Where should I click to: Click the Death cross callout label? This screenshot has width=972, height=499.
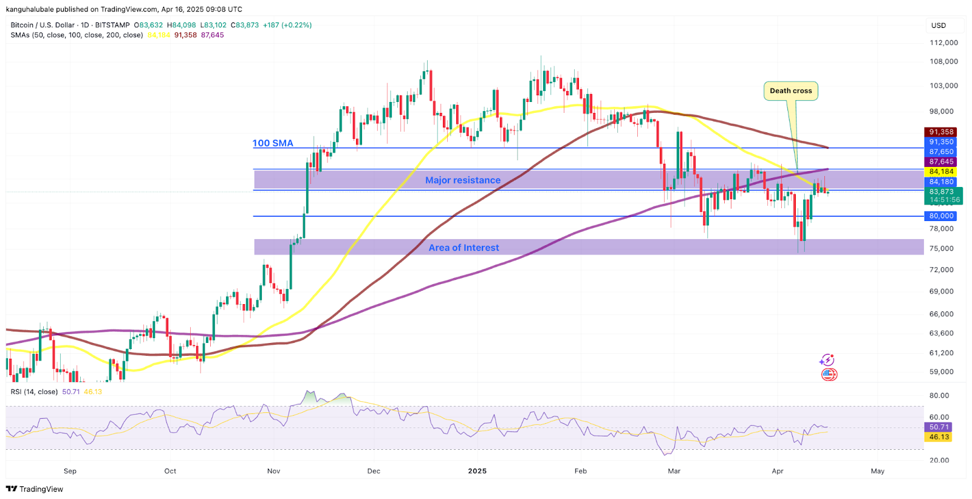pos(790,91)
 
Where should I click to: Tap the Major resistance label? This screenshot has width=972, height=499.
pos(463,180)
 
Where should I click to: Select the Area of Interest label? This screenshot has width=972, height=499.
pos(464,248)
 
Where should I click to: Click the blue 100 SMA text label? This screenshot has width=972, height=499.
pos(273,143)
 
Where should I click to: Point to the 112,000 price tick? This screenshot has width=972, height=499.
pos(943,42)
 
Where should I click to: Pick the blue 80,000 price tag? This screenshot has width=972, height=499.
pos(941,216)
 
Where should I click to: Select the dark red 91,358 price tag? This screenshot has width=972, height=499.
pos(941,132)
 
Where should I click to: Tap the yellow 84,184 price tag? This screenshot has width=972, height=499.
pos(941,172)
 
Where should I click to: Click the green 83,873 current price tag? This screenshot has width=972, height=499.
pos(941,192)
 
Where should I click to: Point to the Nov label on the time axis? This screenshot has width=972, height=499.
pos(273,471)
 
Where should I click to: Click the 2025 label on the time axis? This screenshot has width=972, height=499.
pos(477,471)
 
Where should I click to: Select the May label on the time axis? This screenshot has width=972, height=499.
pos(877,471)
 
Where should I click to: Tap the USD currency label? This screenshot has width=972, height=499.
pos(939,25)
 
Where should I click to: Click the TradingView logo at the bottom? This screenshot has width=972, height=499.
pos(35,489)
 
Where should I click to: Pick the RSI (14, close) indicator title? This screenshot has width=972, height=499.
pos(34,392)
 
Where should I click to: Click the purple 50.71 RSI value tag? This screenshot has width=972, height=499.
pos(939,427)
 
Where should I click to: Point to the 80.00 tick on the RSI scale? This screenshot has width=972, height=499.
pos(939,396)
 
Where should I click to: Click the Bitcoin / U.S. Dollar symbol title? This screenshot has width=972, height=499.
pos(43,25)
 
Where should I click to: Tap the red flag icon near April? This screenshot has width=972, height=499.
pos(829,375)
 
